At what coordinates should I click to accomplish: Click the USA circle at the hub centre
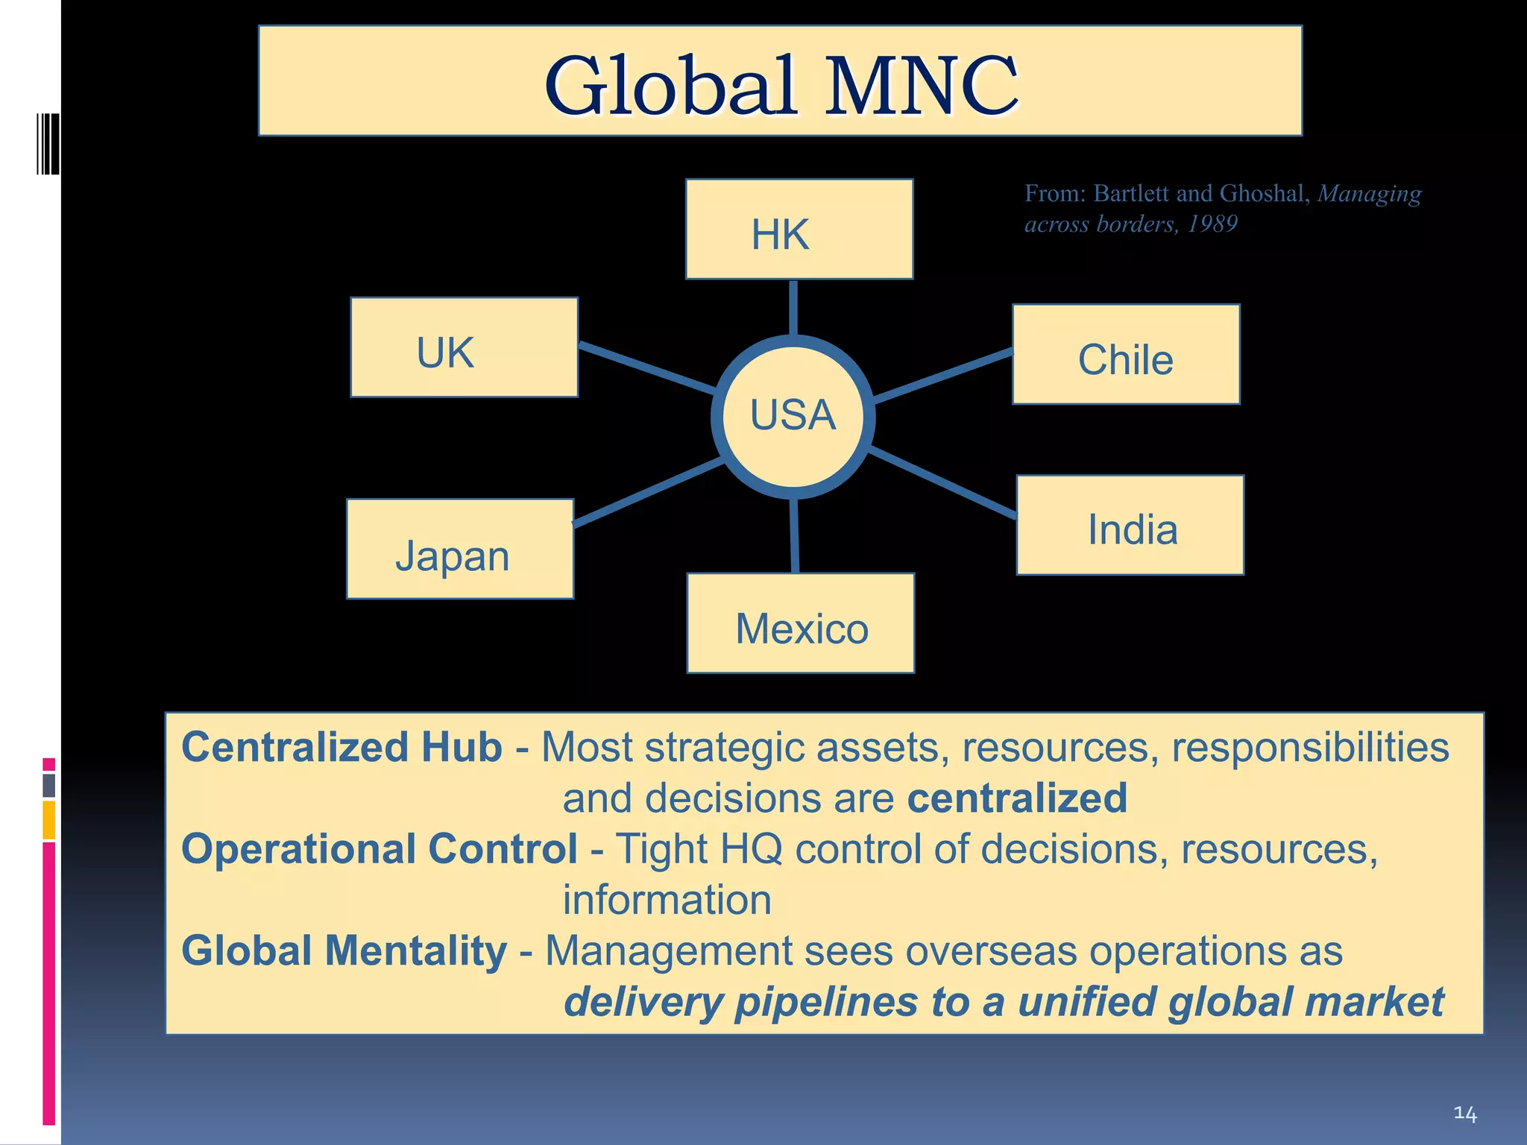[x=793, y=416]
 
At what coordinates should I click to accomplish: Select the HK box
[x=799, y=230]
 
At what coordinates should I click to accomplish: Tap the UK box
[x=464, y=347]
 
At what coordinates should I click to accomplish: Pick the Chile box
[x=1125, y=355]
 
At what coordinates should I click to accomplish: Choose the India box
[x=1130, y=526]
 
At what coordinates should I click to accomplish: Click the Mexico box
[x=800, y=623]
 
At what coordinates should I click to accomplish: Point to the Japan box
[x=459, y=549]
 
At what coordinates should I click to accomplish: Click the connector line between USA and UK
[x=646, y=368]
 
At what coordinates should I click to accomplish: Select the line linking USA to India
[x=943, y=483]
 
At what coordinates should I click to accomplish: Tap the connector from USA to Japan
[x=647, y=493]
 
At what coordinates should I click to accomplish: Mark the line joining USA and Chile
[x=943, y=376]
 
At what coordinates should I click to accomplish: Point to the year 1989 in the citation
[x=1212, y=224]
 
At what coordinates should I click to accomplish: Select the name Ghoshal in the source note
[x=1261, y=194]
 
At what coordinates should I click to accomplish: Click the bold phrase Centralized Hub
[x=341, y=747]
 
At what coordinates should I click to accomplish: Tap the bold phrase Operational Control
[x=380, y=849]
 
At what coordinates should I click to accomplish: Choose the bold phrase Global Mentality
[x=344, y=951]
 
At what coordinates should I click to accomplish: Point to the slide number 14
[x=1464, y=1114]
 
